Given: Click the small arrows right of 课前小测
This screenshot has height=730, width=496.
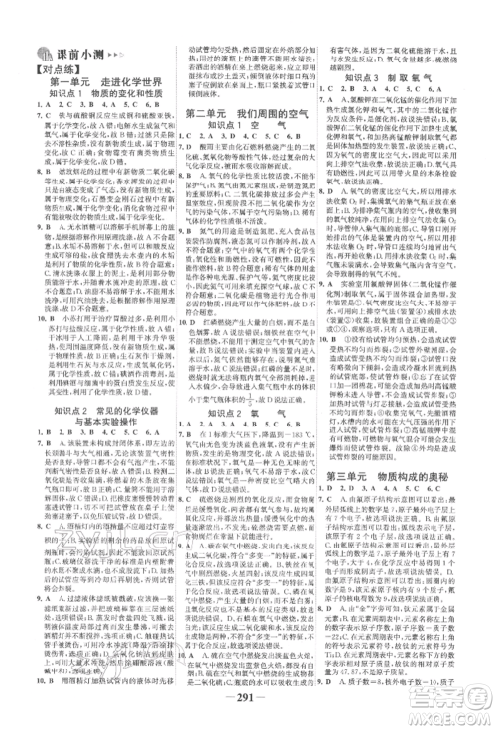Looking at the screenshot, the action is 115,56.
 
